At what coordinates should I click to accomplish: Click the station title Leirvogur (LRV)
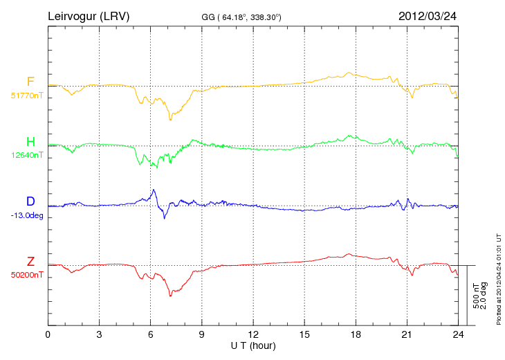88,15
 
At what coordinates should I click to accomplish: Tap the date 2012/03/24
428,15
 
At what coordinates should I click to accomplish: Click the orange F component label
30,82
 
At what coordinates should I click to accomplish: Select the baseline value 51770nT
26,96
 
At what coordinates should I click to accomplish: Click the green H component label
30,142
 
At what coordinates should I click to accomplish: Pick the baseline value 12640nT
26,155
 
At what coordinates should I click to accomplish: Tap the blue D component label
30,201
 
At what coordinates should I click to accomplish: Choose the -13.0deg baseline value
27,215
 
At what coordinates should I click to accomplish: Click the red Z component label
30,262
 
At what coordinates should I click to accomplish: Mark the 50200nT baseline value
26,275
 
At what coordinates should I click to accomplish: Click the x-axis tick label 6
151,335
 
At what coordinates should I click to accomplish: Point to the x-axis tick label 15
305,335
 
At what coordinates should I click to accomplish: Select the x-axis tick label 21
408,335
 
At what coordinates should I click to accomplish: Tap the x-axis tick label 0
48,335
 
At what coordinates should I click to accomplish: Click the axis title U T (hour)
253,345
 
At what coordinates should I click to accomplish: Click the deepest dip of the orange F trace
169,120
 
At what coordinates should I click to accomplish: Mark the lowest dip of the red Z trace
170,296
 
